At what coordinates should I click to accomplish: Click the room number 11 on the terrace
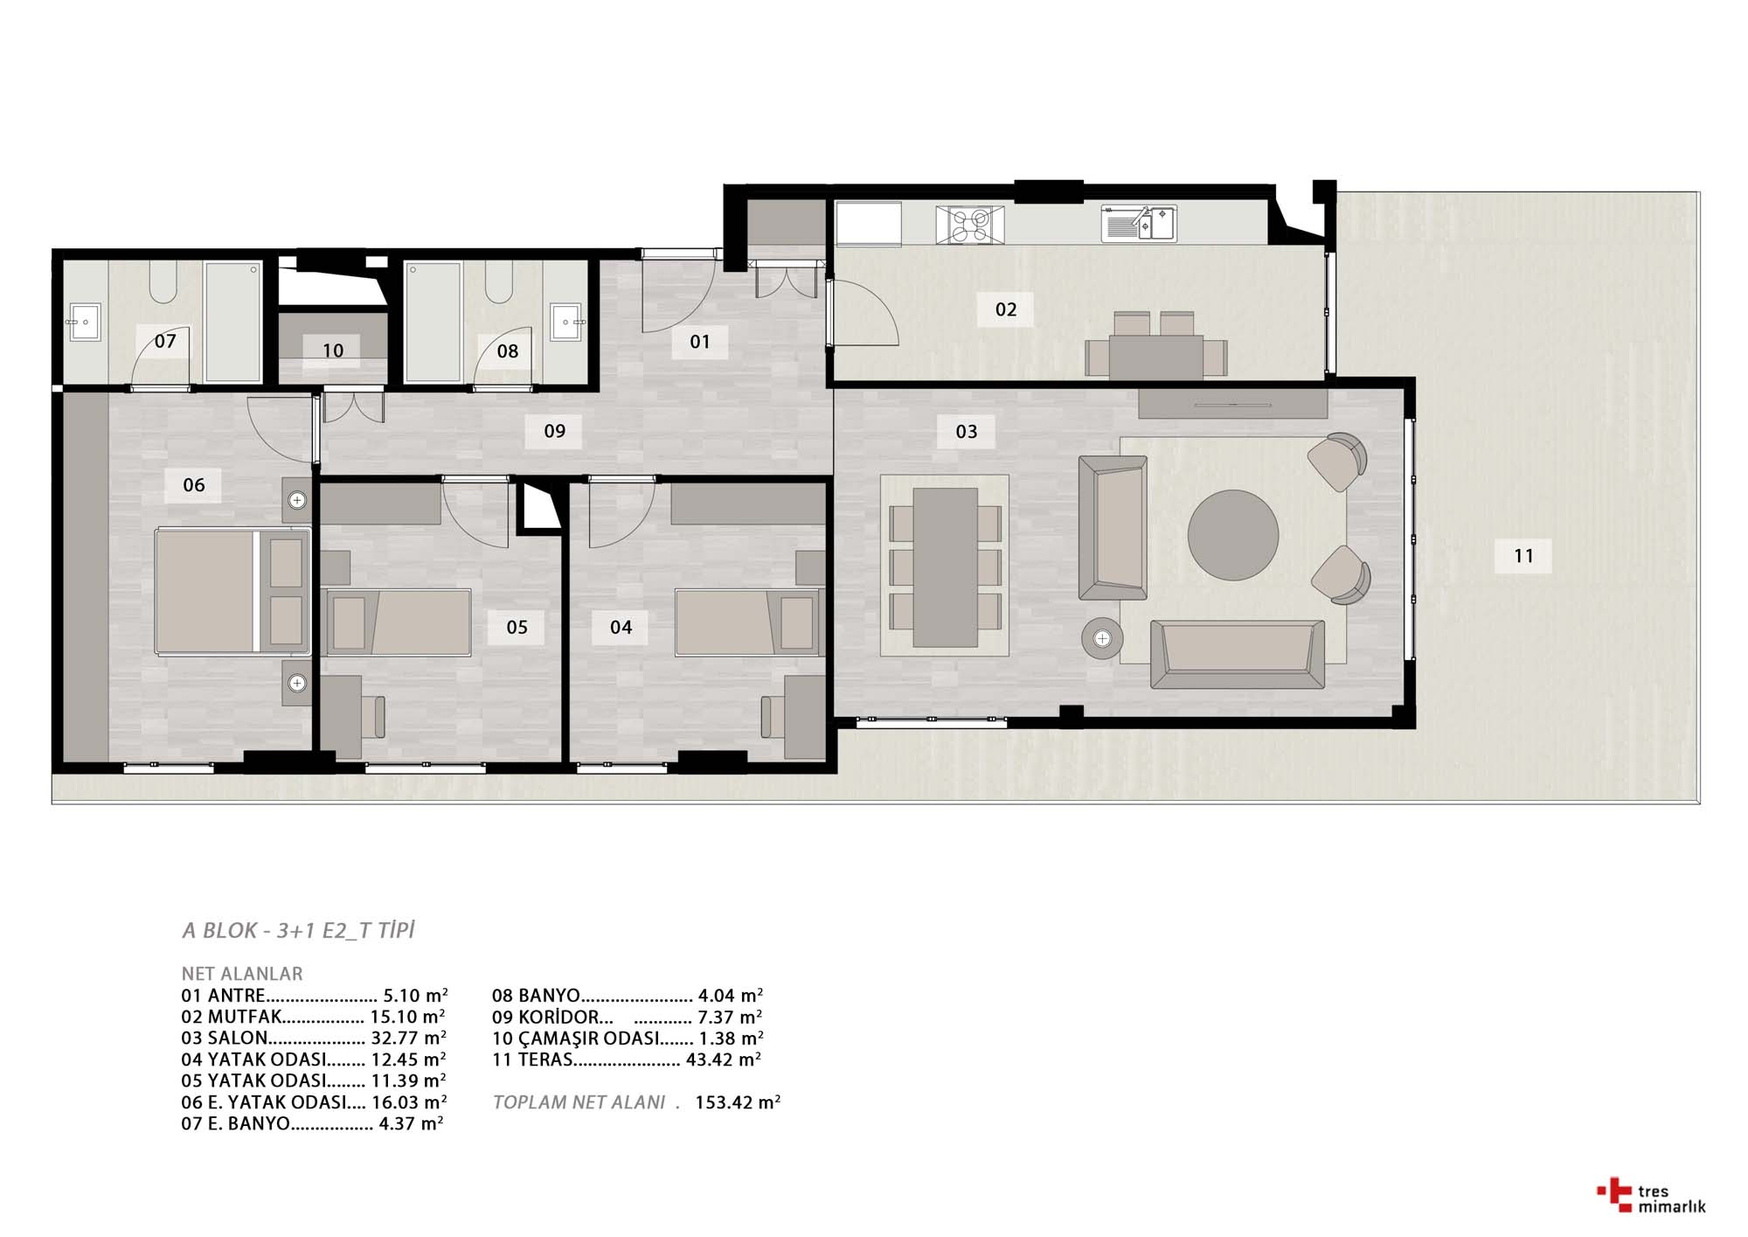click(1523, 555)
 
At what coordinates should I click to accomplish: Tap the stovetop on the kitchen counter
click(969, 224)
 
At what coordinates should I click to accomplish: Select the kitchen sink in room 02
click(1139, 223)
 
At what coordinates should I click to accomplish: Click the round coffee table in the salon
click(1232, 534)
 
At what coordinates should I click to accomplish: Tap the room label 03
click(966, 431)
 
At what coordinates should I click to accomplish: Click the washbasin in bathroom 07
click(85, 322)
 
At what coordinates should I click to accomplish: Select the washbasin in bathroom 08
click(566, 322)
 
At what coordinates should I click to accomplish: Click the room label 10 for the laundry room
click(332, 351)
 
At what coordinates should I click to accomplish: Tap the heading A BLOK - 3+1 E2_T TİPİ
click(298, 930)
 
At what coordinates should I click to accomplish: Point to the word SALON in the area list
click(237, 1038)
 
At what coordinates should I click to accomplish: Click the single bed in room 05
click(398, 622)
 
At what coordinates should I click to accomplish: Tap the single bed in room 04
click(749, 622)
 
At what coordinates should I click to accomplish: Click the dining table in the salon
click(945, 567)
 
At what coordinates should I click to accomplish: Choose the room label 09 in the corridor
click(554, 430)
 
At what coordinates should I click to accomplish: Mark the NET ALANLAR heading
click(242, 974)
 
